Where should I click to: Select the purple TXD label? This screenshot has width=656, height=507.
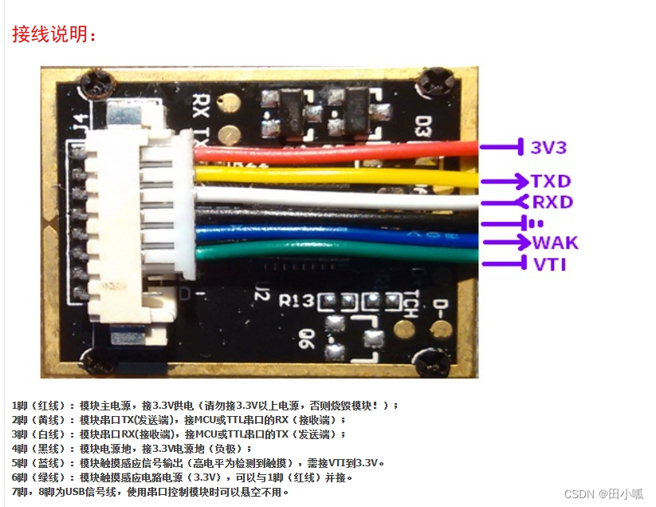click(x=552, y=180)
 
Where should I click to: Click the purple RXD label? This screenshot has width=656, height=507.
click(x=552, y=202)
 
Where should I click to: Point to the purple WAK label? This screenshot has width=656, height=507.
click(x=555, y=243)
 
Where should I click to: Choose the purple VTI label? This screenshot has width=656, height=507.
click(x=550, y=264)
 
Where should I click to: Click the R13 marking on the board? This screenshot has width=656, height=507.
click(x=296, y=302)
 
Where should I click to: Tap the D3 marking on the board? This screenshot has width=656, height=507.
click(x=425, y=127)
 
